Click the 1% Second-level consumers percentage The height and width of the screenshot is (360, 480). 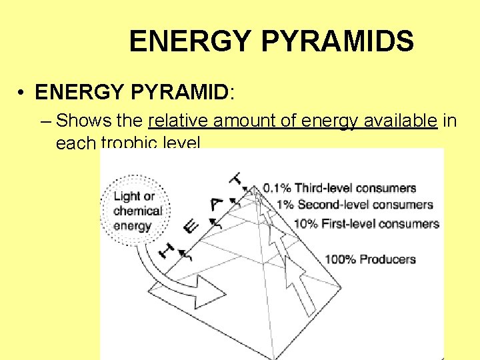coord(285,205)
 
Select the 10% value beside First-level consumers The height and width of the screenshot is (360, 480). coord(305,224)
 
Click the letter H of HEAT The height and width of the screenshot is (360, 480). coord(167,250)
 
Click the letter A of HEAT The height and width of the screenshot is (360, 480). coord(215,205)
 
